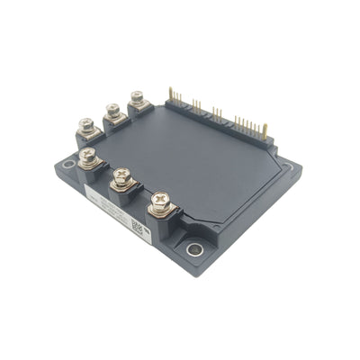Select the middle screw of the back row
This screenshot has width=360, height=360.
[x=113, y=111]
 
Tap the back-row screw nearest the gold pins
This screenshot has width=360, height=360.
[x=138, y=97]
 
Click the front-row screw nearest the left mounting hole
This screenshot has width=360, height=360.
[x=88, y=157]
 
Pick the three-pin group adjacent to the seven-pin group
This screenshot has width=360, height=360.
[x=217, y=113]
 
